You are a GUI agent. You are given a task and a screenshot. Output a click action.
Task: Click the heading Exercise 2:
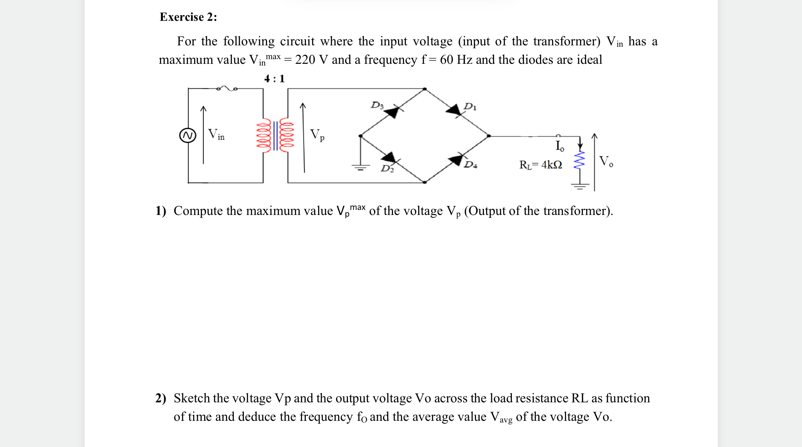[x=188, y=17]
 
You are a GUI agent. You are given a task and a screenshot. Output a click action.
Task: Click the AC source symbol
[x=188, y=135]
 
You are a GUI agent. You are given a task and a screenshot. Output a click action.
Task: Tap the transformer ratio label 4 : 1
[x=274, y=79]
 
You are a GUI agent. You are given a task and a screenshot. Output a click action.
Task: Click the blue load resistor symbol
[x=579, y=160]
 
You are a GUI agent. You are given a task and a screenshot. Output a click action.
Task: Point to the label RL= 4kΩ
[x=540, y=165]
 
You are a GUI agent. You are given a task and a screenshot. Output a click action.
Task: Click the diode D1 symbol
[x=454, y=110]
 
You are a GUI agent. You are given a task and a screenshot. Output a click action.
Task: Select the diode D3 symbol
[x=393, y=111]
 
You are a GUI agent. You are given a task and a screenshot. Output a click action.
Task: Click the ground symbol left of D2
[x=360, y=167]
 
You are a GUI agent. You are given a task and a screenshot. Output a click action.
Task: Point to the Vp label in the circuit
[x=317, y=135]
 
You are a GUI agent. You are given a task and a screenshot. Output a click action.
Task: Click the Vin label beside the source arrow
[x=216, y=134]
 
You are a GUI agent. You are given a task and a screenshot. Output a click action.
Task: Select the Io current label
[x=560, y=146]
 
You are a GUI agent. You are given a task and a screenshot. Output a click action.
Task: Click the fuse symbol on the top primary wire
[x=227, y=88]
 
